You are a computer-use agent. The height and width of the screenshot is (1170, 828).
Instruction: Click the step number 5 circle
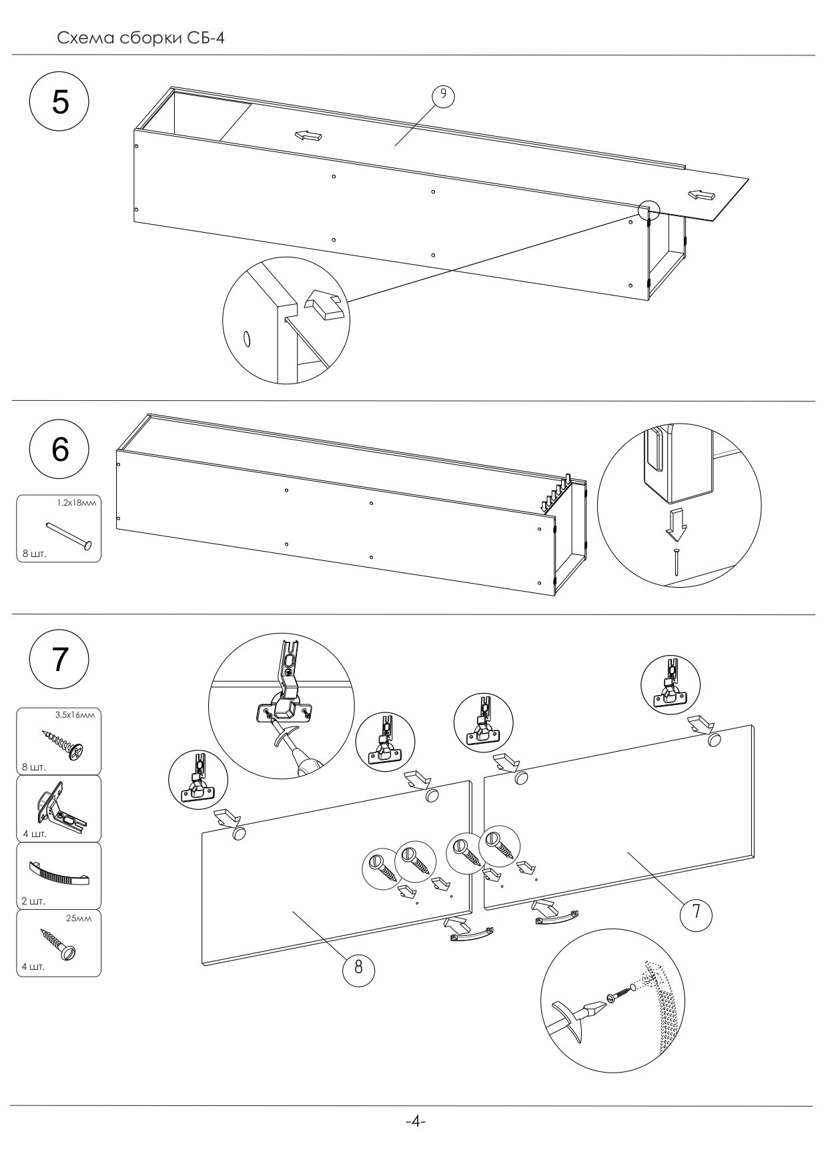click(60, 103)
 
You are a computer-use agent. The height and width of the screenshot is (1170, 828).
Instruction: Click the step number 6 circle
click(60, 450)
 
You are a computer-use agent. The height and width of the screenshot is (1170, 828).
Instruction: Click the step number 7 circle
click(60, 659)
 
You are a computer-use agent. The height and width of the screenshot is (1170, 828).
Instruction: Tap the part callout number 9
click(443, 95)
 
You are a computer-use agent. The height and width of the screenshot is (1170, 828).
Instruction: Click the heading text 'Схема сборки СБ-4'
click(141, 38)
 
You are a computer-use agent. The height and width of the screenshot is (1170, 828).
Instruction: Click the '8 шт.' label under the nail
click(35, 553)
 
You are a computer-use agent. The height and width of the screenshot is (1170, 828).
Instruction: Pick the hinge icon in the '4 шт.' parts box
click(59, 809)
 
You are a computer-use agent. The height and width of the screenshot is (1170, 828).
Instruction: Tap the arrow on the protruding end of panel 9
click(702, 195)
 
